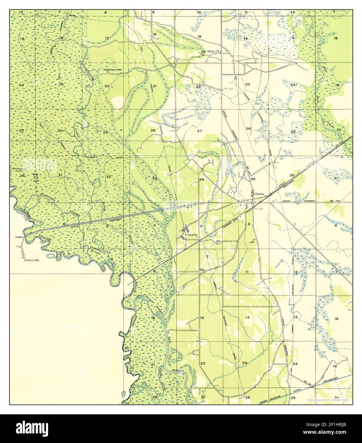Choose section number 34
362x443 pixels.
pos(201,180)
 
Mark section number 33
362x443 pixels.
pos(154,178)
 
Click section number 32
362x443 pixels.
pos(108,177)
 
